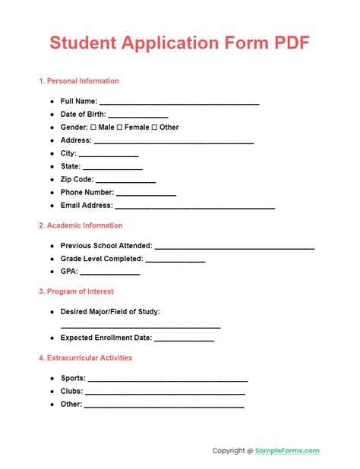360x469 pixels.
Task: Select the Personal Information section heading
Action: coord(78,81)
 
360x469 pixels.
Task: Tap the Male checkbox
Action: coord(93,127)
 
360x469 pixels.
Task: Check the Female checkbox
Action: coord(118,127)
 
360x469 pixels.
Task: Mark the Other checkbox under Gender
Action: coord(154,127)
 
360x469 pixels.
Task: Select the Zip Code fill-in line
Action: coord(126,181)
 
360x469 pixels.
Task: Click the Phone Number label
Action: coord(87,193)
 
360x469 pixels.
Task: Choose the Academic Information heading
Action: coord(80,225)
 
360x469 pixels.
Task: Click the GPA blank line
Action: coord(110,273)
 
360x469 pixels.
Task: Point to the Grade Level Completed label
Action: coord(101,259)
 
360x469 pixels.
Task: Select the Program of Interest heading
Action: coord(76,291)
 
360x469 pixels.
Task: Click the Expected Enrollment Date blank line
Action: coord(185,340)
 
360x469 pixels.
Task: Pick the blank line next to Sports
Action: coord(168,379)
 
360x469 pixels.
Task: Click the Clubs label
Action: coord(71,392)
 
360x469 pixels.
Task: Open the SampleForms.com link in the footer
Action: coord(288,451)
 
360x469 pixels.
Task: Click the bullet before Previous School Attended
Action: coord(52,246)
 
